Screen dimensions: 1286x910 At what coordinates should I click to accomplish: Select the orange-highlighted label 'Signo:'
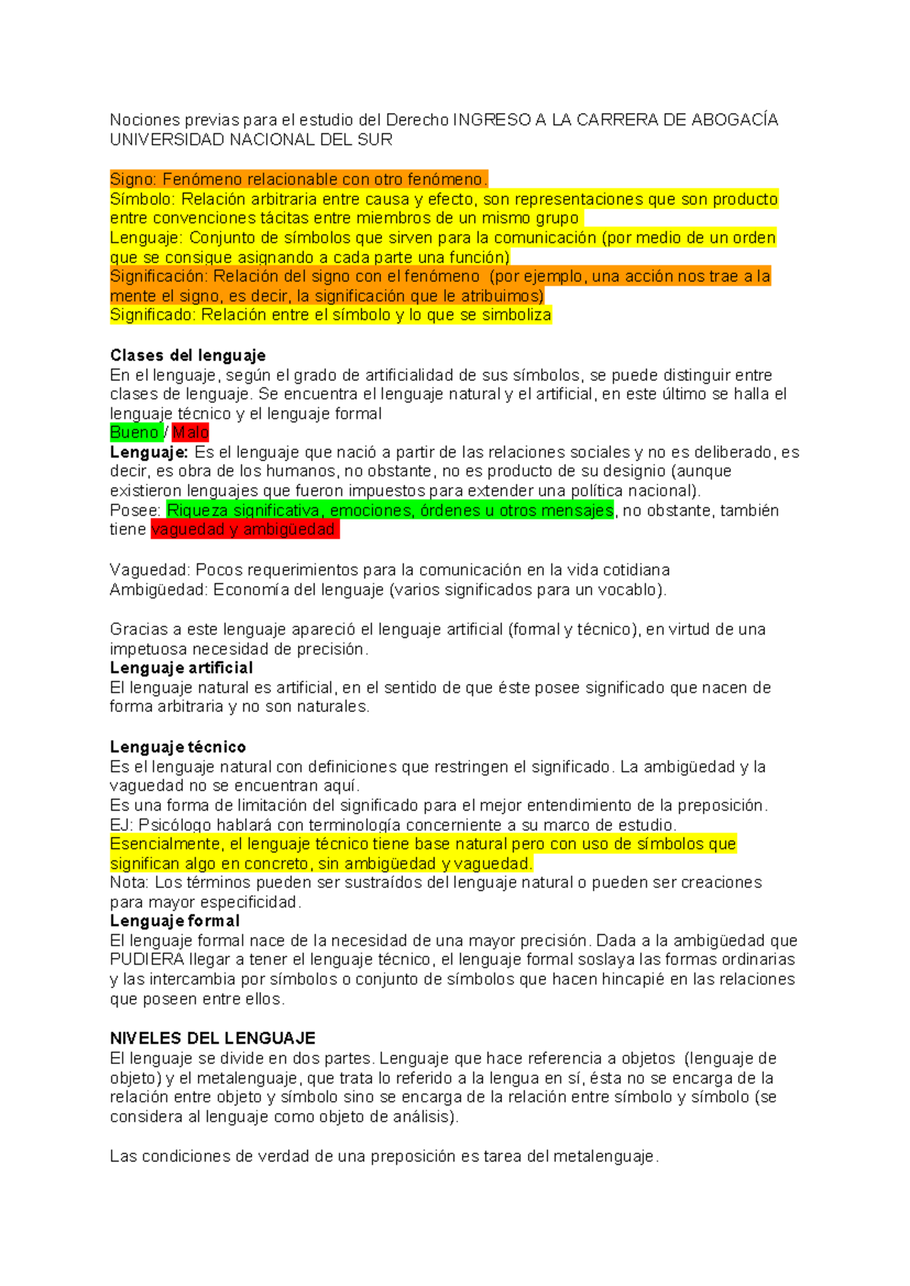point(133,180)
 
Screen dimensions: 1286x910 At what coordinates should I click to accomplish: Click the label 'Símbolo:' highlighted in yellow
point(142,199)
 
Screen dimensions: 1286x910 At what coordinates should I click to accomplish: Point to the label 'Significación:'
point(158,277)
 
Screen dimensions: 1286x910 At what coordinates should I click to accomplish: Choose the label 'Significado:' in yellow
point(152,315)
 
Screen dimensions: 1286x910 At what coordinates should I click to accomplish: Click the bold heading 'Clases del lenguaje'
point(187,355)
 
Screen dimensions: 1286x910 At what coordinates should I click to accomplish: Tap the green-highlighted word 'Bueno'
point(134,432)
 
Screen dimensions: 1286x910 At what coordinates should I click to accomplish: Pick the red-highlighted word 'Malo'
point(190,432)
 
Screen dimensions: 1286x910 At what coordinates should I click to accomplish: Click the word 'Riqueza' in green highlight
point(198,510)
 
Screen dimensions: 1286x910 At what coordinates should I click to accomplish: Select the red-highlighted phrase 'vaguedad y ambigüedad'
point(243,529)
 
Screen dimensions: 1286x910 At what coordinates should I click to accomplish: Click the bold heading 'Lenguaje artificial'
point(181,668)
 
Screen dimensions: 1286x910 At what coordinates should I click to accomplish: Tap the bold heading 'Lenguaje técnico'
point(177,747)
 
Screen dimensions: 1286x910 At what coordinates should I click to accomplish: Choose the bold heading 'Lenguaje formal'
point(174,921)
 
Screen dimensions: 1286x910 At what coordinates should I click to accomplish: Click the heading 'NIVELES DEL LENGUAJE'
point(212,1038)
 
